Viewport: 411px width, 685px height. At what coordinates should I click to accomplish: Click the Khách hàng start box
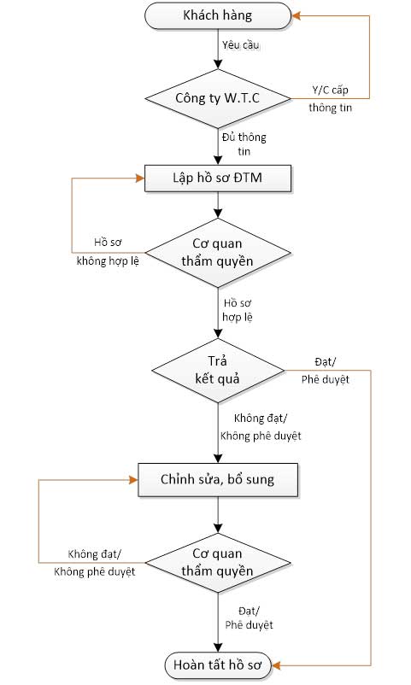pyautogui.click(x=218, y=15)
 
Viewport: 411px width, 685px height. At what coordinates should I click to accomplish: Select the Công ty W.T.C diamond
pyautogui.click(x=218, y=98)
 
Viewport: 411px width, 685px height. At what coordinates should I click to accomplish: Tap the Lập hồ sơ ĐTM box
pyautogui.click(x=218, y=179)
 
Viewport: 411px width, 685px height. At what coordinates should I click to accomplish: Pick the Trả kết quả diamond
pyautogui.click(x=218, y=371)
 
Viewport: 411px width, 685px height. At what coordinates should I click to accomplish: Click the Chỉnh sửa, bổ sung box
pyautogui.click(x=218, y=480)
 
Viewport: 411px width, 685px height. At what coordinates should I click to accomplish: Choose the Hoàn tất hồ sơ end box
pyautogui.click(x=218, y=665)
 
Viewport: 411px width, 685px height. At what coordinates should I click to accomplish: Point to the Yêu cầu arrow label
pyautogui.click(x=240, y=45)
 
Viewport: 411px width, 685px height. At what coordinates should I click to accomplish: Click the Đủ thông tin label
pyautogui.click(x=244, y=143)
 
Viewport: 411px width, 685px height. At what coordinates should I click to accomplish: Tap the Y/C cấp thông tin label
pyautogui.click(x=330, y=99)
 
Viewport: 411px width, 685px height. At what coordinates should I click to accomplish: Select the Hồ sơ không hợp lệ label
pyautogui.click(x=108, y=252)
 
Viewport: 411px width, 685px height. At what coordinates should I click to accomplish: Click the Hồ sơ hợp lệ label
pyautogui.click(x=238, y=310)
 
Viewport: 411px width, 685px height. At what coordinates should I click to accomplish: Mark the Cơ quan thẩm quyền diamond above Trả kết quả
pyautogui.click(x=218, y=253)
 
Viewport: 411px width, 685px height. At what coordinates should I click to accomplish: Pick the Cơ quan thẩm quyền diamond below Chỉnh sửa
pyautogui.click(x=218, y=563)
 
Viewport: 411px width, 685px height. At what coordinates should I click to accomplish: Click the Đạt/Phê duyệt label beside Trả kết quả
pyautogui.click(x=326, y=371)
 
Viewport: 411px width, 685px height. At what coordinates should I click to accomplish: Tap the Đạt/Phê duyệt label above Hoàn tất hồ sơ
pyautogui.click(x=250, y=618)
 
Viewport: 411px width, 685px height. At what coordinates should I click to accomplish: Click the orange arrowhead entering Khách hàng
pyautogui.click(x=296, y=16)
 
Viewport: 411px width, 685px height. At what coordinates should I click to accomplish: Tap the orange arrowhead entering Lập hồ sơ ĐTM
pyautogui.click(x=140, y=179)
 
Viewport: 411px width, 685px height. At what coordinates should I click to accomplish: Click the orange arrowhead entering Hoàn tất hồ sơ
pyautogui.click(x=276, y=665)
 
